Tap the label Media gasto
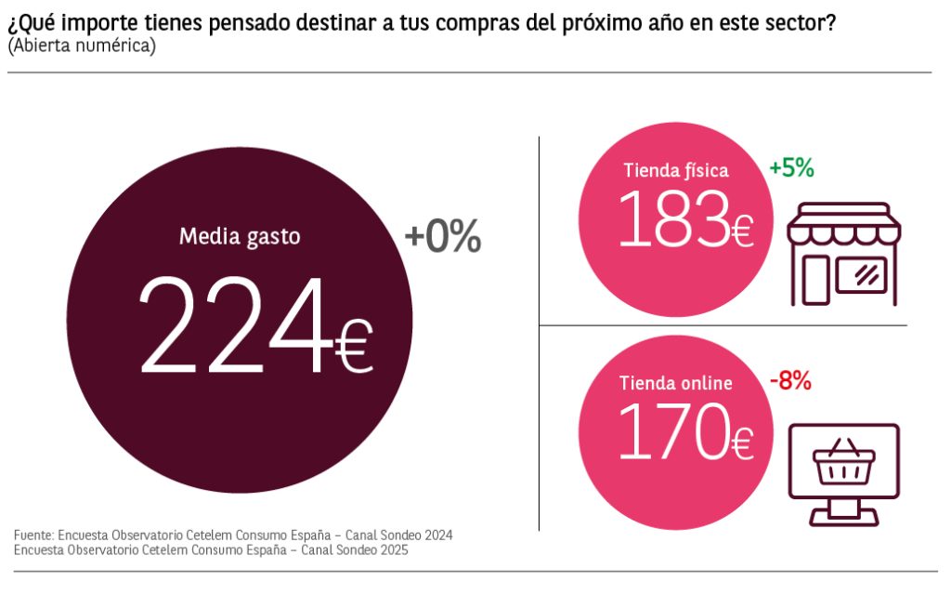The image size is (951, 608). tap(240, 236)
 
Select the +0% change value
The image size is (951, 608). tap(443, 239)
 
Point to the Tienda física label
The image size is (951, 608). tap(676, 170)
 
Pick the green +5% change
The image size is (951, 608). tap(791, 168)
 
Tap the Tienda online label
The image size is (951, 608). tap(676, 383)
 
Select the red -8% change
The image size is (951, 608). tap(791, 380)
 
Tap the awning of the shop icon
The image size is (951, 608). tap(843, 223)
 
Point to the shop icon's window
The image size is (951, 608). tap(861, 273)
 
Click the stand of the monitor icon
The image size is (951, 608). tap(843, 511)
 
